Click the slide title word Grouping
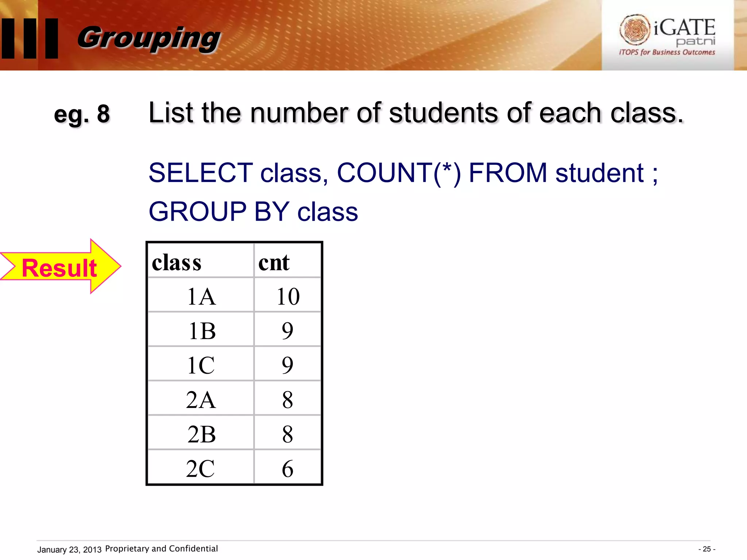point(149,38)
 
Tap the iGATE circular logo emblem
point(635,30)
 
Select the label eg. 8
point(82,114)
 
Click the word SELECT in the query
point(201,173)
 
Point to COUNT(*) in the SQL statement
point(399,173)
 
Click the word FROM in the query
point(508,173)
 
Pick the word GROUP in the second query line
point(198,211)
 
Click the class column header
point(177,262)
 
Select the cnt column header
point(274,262)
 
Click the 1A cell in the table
point(201,296)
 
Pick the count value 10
point(288,296)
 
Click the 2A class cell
point(201,400)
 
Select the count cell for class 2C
point(287,468)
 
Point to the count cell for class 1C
point(287,365)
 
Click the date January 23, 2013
point(69,549)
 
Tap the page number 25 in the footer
point(707,549)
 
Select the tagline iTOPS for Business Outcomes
point(667,52)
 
